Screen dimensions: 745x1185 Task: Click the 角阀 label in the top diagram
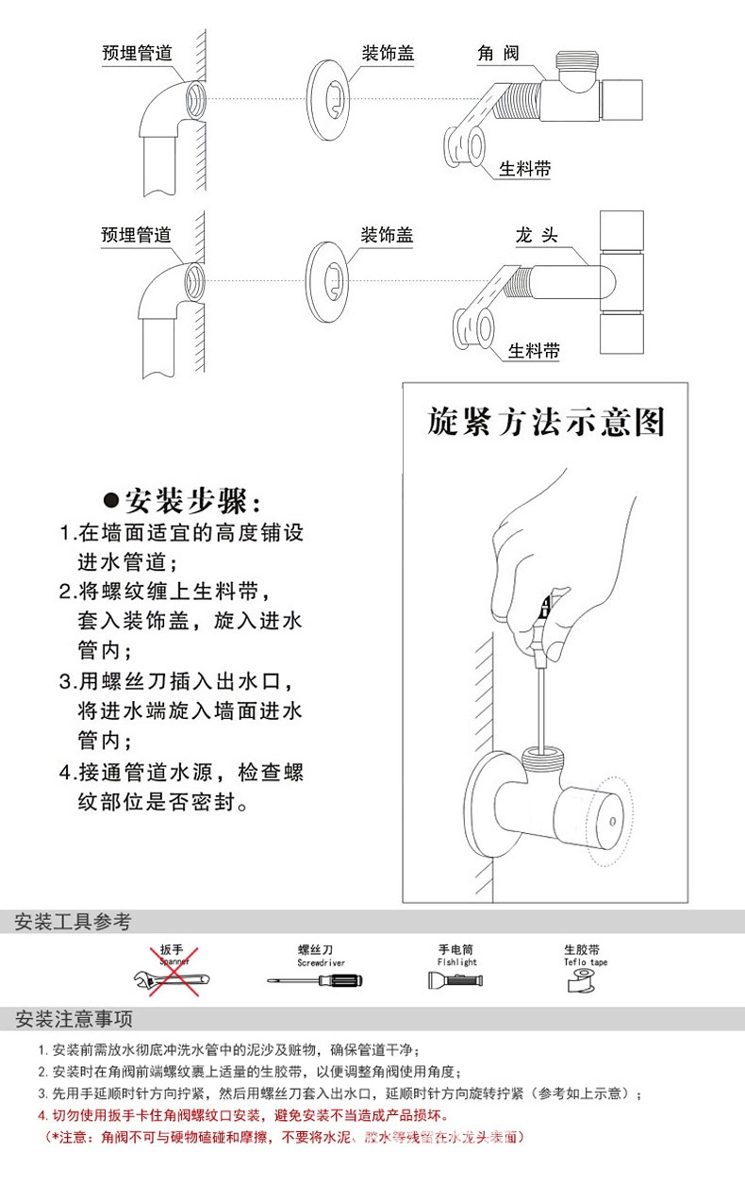[x=499, y=54]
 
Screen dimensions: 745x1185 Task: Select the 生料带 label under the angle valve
[x=525, y=170]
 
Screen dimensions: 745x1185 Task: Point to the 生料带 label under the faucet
[x=534, y=352]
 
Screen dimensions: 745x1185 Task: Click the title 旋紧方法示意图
[x=546, y=422]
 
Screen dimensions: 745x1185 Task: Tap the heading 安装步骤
[x=184, y=499]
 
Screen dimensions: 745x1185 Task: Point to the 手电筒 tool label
[x=456, y=949]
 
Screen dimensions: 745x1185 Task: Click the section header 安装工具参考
[x=74, y=922]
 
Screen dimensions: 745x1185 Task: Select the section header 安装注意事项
[x=74, y=1019]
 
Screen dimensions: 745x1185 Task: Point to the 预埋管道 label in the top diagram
[x=137, y=54]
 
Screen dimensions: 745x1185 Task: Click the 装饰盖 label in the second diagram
[x=388, y=235]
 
